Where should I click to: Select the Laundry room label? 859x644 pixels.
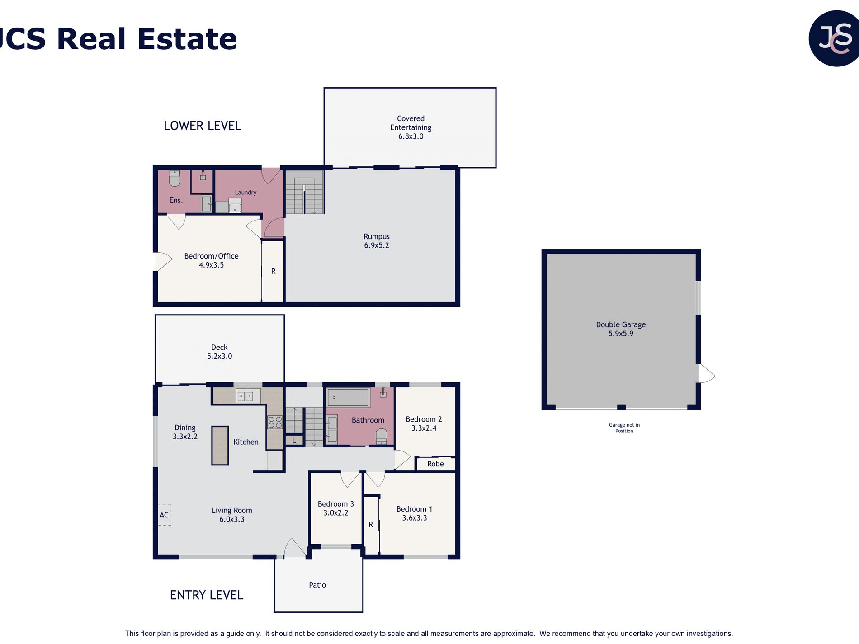(x=245, y=193)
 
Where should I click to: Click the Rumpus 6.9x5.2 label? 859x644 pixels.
(x=377, y=241)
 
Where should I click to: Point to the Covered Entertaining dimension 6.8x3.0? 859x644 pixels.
(x=411, y=136)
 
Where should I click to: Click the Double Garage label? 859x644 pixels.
(x=621, y=324)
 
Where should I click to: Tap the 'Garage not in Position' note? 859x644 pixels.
(x=624, y=428)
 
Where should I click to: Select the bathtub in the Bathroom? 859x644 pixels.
(x=348, y=398)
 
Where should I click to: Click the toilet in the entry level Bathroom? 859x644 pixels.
(x=382, y=436)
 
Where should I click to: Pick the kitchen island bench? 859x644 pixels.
(x=220, y=446)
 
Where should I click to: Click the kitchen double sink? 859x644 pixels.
(x=248, y=396)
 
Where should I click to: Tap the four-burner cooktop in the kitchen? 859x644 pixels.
(x=275, y=422)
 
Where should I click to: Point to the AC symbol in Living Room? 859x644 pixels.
(x=164, y=515)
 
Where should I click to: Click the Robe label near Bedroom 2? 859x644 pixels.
(x=435, y=464)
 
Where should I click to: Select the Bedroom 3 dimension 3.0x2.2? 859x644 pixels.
(x=336, y=513)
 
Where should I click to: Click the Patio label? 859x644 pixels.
(x=317, y=585)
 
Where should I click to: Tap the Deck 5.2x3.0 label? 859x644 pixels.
(x=219, y=352)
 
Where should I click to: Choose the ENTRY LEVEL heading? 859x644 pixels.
(x=207, y=595)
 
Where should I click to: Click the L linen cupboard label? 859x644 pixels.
(x=294, y=440)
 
